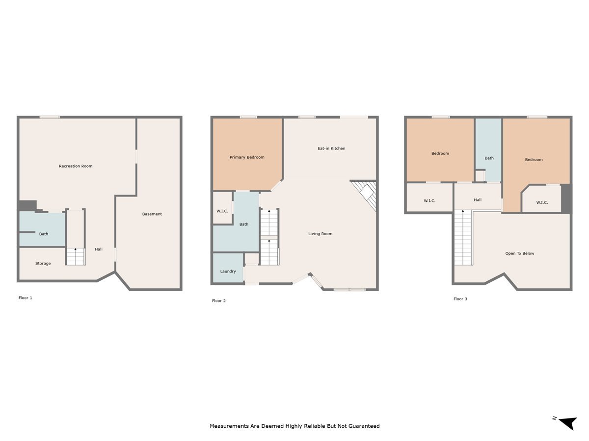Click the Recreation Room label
tap(76, 166)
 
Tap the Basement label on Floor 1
tap(152, 214)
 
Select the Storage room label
tap(43, 264)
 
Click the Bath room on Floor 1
tap(43, 233)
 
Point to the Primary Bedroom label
tap(247, 157)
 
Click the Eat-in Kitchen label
tap(331, 148)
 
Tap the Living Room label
tap(320, 234)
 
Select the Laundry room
tap(228, 271)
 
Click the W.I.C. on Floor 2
tap(222, 211)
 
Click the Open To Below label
tap(519, 254)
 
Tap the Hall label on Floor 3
tap(478, 200)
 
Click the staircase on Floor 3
tap(462, 238)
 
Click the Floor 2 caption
tap(219, 301)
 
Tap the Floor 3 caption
tap(460, 299)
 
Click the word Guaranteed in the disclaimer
tap(363, 426)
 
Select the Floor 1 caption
tap(25, 298)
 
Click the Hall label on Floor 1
tap(99, 249)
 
